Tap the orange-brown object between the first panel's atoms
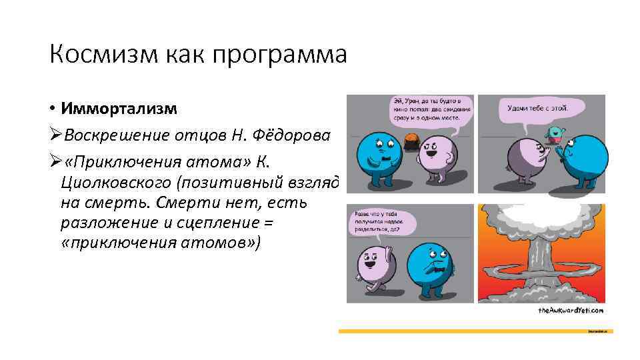click(410, 141)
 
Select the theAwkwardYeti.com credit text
click(570, 311)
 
